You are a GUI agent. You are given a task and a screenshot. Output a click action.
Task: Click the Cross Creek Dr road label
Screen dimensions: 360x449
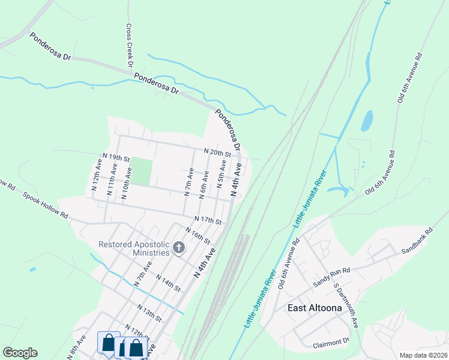(129, 46)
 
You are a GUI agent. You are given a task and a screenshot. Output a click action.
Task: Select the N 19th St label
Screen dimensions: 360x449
(116, 157)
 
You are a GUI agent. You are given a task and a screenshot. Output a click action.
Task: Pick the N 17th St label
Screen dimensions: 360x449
(208, 220)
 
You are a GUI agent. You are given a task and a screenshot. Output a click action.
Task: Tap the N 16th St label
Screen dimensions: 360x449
(197, 236)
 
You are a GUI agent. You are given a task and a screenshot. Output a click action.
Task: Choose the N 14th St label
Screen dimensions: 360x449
(168, 283)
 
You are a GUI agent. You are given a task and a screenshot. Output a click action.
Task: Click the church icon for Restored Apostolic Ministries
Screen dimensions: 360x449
(178, 248)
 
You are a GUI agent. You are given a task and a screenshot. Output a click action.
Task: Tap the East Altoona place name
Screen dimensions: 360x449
(315, 308)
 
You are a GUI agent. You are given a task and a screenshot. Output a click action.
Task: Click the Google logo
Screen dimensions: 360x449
(20, 353)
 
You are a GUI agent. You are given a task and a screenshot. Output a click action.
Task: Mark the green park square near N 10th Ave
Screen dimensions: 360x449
(140, 171)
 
